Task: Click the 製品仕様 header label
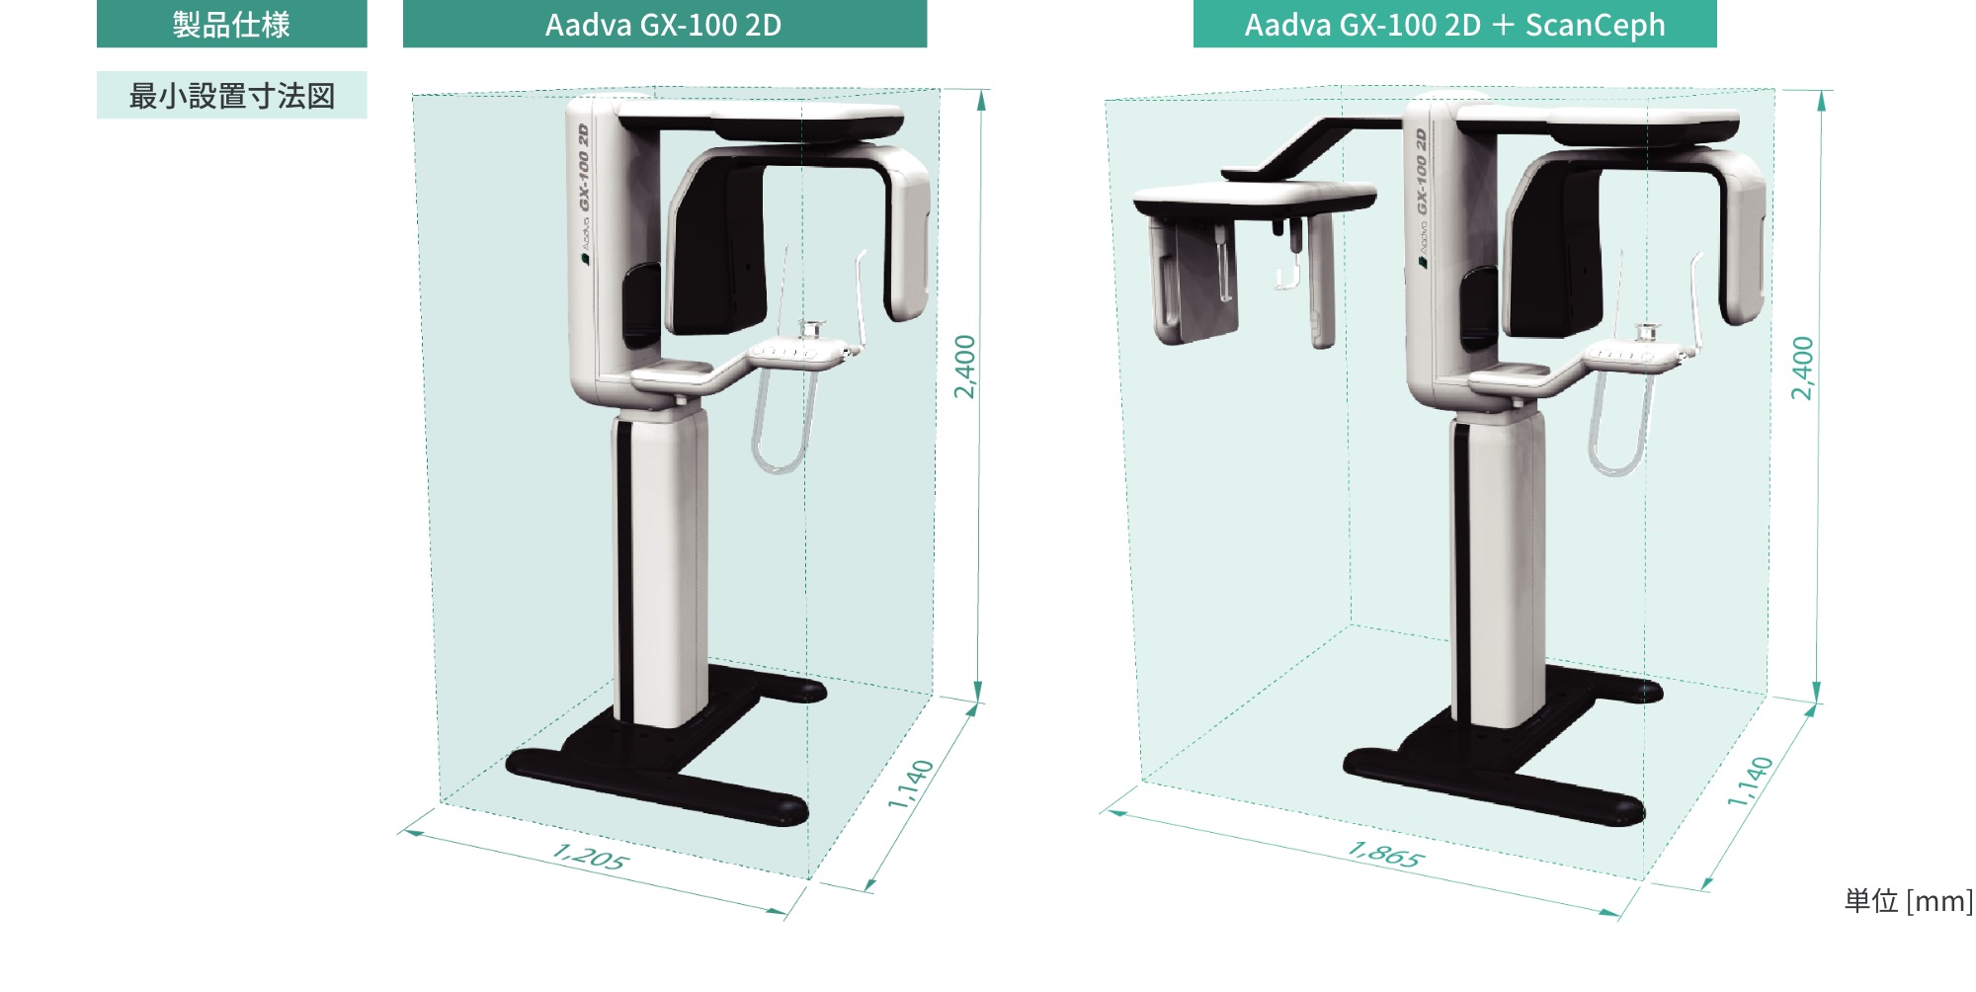pos(231,24)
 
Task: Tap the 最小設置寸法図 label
pos(231,96)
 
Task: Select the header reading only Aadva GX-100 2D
pos(663,25)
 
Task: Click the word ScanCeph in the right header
pos(1595,25)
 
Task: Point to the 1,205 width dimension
pos(589,856)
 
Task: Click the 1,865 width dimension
pos(1385,854)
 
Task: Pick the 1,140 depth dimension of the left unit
pos(910,785)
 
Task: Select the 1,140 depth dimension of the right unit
pos(1750,782)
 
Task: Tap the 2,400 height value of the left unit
pos(965,367)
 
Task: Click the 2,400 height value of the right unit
pos(1803,368)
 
